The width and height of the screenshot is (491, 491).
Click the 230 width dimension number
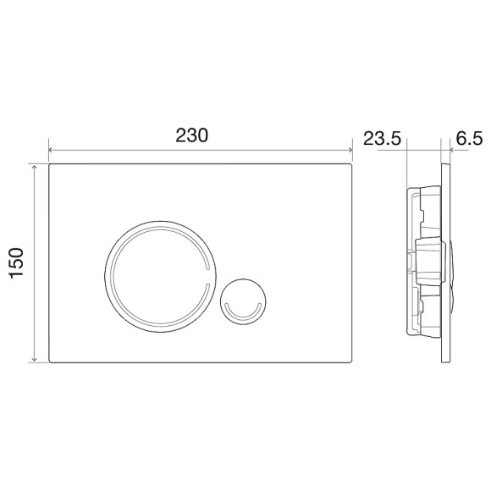click(x=191, y=135)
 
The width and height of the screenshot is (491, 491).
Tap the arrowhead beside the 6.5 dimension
click(x=450, y=153)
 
